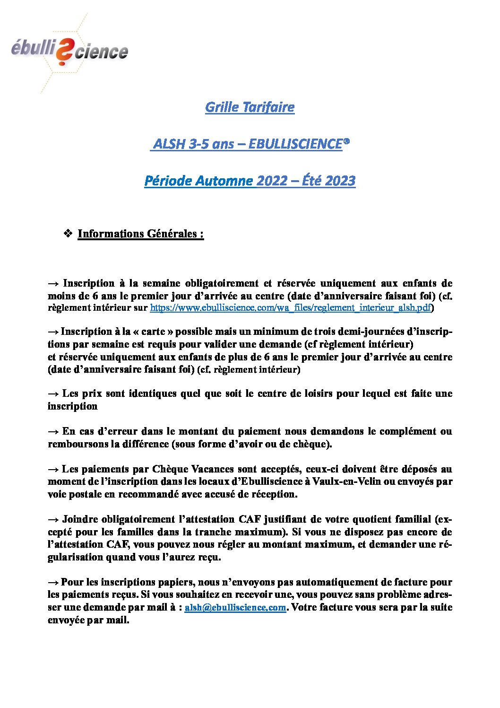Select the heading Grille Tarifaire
pyautogui.click(x=250, y=107)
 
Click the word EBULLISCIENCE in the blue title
pyautogui.click(x=295, y=144)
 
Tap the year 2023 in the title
pyautogui.click(x=340, y=181)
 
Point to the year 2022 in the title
pyautogui.click(x=272, y=181)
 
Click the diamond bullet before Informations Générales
pyautogui.click(x=67, y=233)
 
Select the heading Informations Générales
pyautogui.click(x=140, y=234)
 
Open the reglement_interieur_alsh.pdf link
pyautogui.click(x=291, y=308)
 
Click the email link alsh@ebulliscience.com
pyautogui.click(x=235, y=607)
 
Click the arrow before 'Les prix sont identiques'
pyautogui.click(x=53, y=393)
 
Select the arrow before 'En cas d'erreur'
pyautogui.click(x=53, y=431)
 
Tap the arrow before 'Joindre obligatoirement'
pyautogui.click(x=53, y=519)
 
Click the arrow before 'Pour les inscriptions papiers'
pyautogui.click(x=53, y=582)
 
